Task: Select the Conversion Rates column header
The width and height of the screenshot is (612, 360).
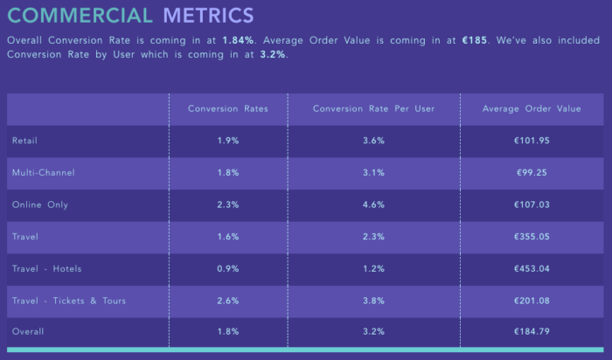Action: click(x=228, y=108)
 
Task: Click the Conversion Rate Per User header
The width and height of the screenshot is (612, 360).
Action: click(x=373, y=108)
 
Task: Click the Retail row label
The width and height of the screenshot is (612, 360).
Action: click(x=24, y=140)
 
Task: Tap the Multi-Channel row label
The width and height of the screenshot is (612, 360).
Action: click(x=43, y=172)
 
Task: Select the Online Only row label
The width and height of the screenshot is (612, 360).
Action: click(x=40, y=204)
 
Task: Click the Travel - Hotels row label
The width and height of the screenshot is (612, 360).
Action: click(x=46, y=268)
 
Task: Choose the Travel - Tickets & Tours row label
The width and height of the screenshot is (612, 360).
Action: click(x=69, y=301)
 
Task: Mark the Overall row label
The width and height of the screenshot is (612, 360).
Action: click(x=28, y=332)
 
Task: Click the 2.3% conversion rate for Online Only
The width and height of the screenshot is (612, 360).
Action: click(x=228, y=204)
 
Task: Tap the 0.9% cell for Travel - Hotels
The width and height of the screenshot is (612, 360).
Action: click(x=228, y=268)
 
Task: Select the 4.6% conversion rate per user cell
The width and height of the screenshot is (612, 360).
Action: click(x=373, y=204)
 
